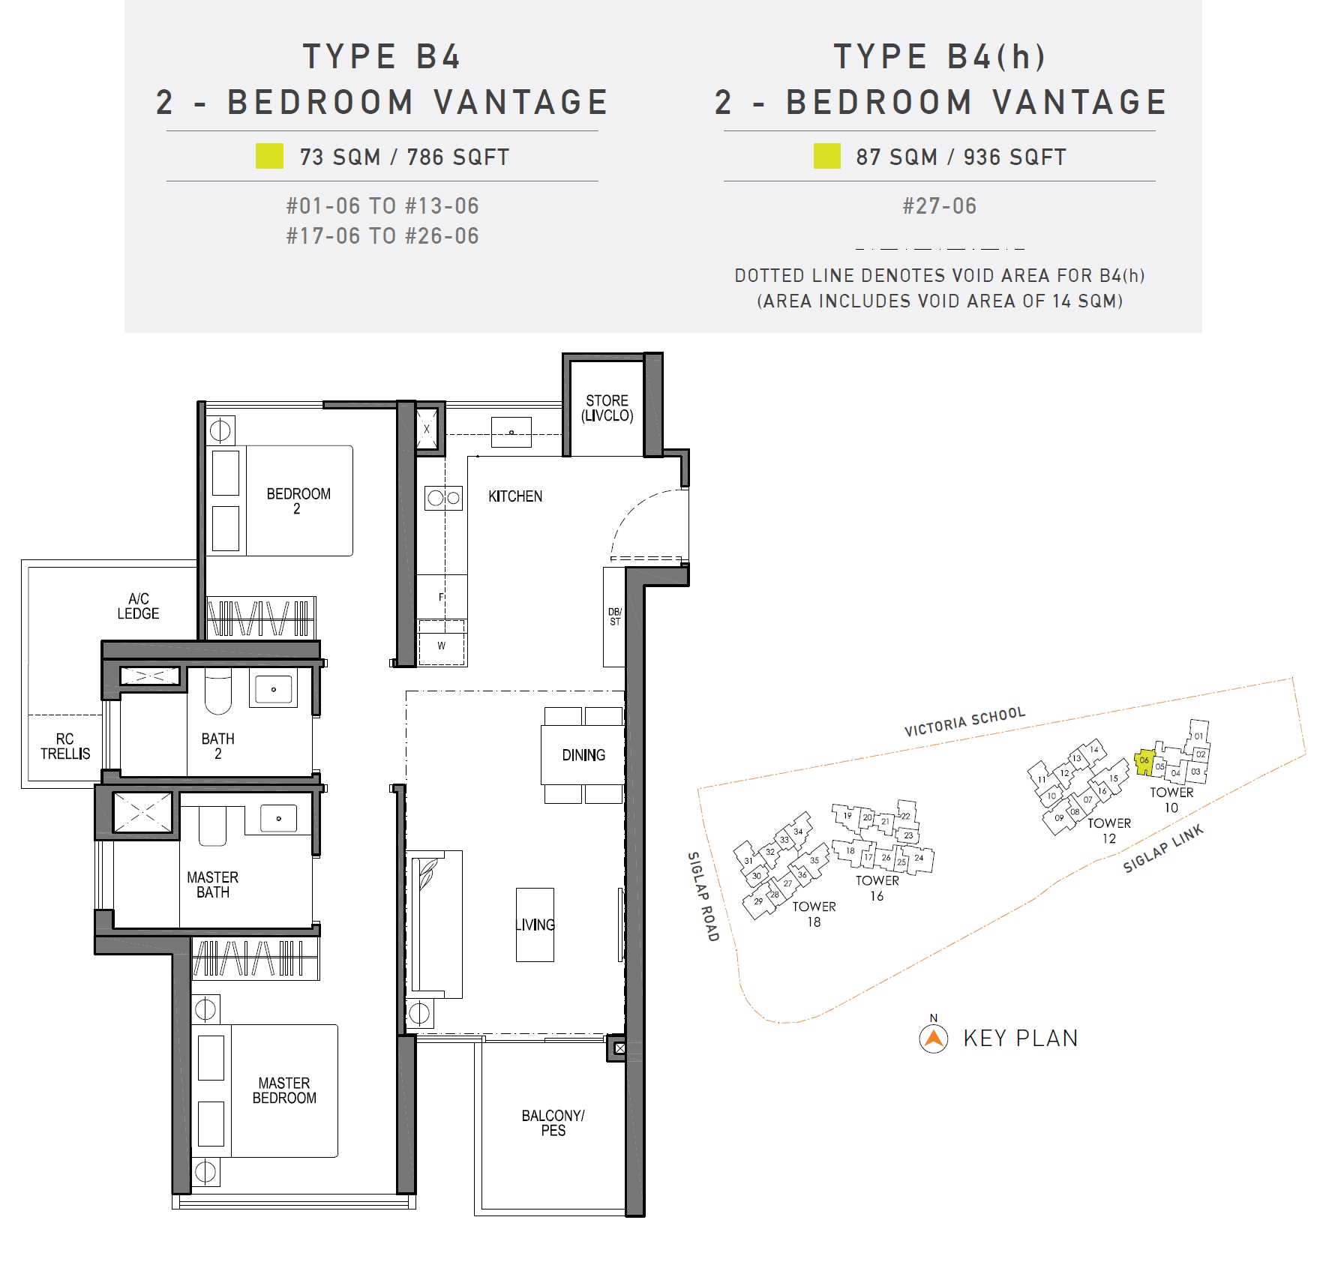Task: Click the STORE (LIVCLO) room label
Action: tap(607, 408)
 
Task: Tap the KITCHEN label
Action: tap(515, 496)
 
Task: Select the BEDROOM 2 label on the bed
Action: tap(298, 501)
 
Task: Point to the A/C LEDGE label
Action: tap(138, 606)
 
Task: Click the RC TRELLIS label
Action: tap(65, 746)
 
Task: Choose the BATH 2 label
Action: tap(217, 746)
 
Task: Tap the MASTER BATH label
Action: tap(213, 885)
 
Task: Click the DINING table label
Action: tap(583, 755)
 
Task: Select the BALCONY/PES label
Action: tap(553, 1123)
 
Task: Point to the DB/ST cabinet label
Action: tap(615, 616)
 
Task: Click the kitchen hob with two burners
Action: tap(443, 498)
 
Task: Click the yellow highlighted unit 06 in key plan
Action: tap(1144, 762)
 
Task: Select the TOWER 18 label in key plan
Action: tap(814, 914)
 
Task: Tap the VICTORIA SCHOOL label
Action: tap(964, 721)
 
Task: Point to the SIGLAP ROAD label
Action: tap(703, 896)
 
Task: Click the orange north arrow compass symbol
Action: tap(933, 1038)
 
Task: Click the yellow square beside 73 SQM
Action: tap(269, 156)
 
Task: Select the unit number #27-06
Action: tap(939, 206)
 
